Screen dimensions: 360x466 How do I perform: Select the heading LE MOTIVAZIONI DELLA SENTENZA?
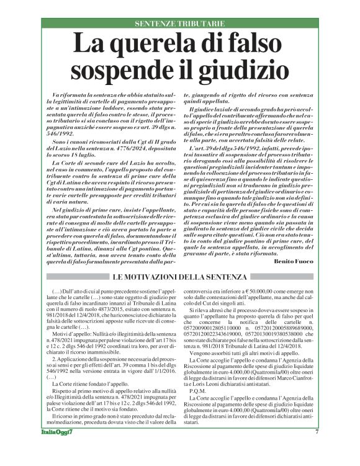pyautogui.click(x=180, y=276)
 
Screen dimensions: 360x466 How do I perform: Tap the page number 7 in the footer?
pyautogui.click(x=317, y=449)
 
